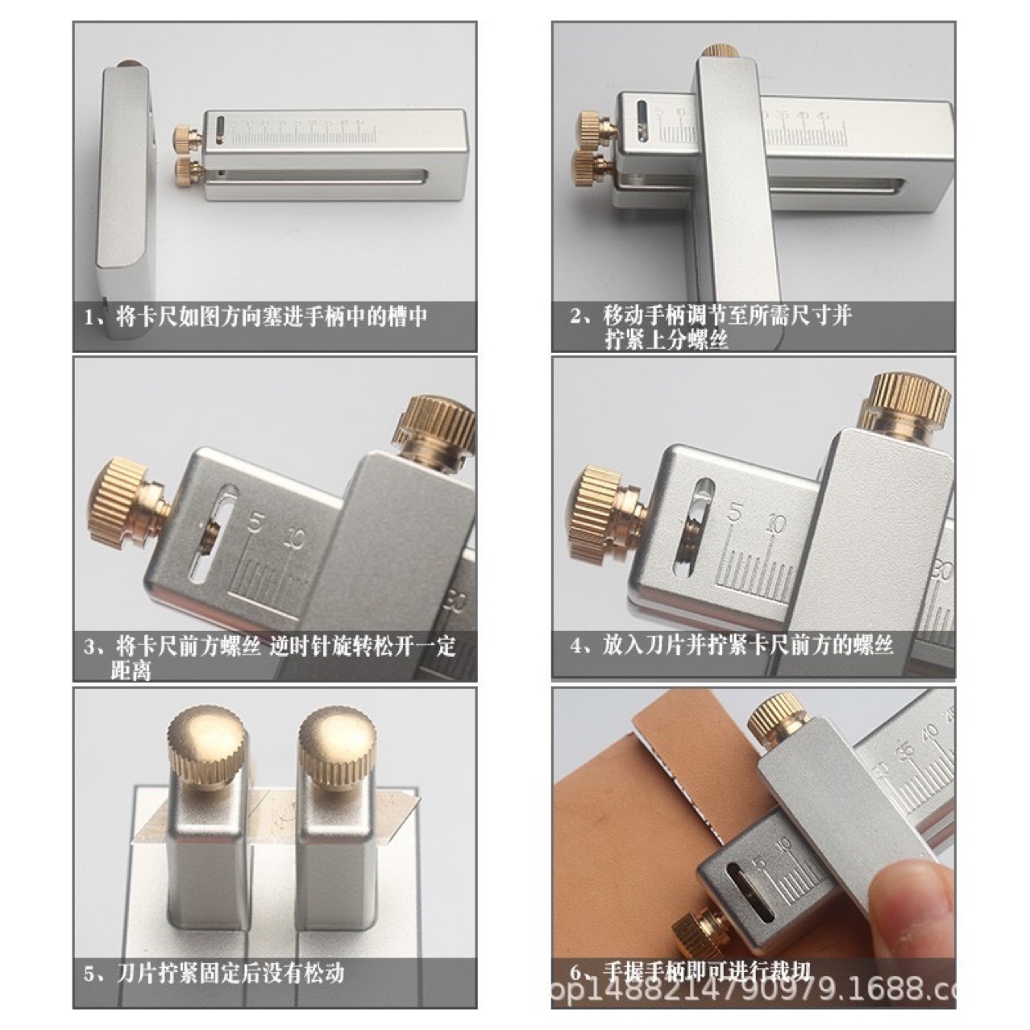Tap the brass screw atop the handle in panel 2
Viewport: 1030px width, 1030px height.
coord(720,51)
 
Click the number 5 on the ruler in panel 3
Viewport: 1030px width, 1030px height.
coord(255,525)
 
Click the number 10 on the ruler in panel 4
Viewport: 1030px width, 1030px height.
coord(776,523)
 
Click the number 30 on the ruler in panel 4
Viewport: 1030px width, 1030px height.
coord(941,571)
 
